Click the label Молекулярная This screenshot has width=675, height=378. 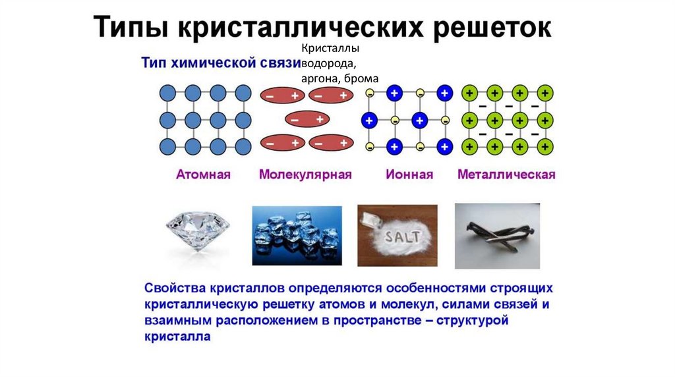click(305, 175)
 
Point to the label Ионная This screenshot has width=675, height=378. click(409, 175)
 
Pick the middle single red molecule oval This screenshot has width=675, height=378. click(307, 120)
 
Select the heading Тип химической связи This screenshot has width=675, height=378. click(220, 63)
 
